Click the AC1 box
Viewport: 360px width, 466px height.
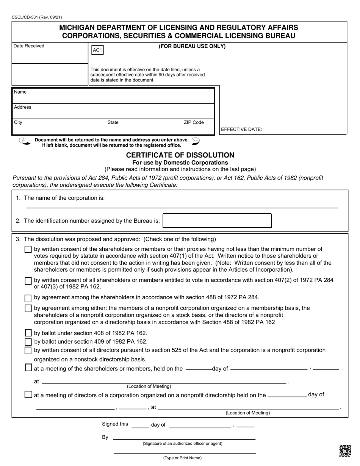[97, 50]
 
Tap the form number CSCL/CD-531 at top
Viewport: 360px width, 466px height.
[37, 17]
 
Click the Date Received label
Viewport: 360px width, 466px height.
[29, 46]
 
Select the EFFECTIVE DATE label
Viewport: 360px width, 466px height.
[241, 130]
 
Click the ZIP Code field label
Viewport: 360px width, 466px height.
[194, 122]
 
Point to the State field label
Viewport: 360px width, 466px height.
[113, 122]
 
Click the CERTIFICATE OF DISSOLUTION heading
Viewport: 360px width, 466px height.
[180, 155]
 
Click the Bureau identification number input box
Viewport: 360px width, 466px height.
[217, 220]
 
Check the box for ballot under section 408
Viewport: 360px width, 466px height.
[28, 333]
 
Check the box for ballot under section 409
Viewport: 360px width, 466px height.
[28, 342]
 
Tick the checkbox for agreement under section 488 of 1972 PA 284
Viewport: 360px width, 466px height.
[28, 297]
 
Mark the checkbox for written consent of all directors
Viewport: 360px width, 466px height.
[28, 350]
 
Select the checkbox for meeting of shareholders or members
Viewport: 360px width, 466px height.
[28, 367]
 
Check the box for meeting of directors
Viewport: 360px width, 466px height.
[28, 395]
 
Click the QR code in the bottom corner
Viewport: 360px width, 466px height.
[344, 451]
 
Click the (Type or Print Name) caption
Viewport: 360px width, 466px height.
[182, 458]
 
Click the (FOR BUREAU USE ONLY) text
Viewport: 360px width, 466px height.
[192, 47]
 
